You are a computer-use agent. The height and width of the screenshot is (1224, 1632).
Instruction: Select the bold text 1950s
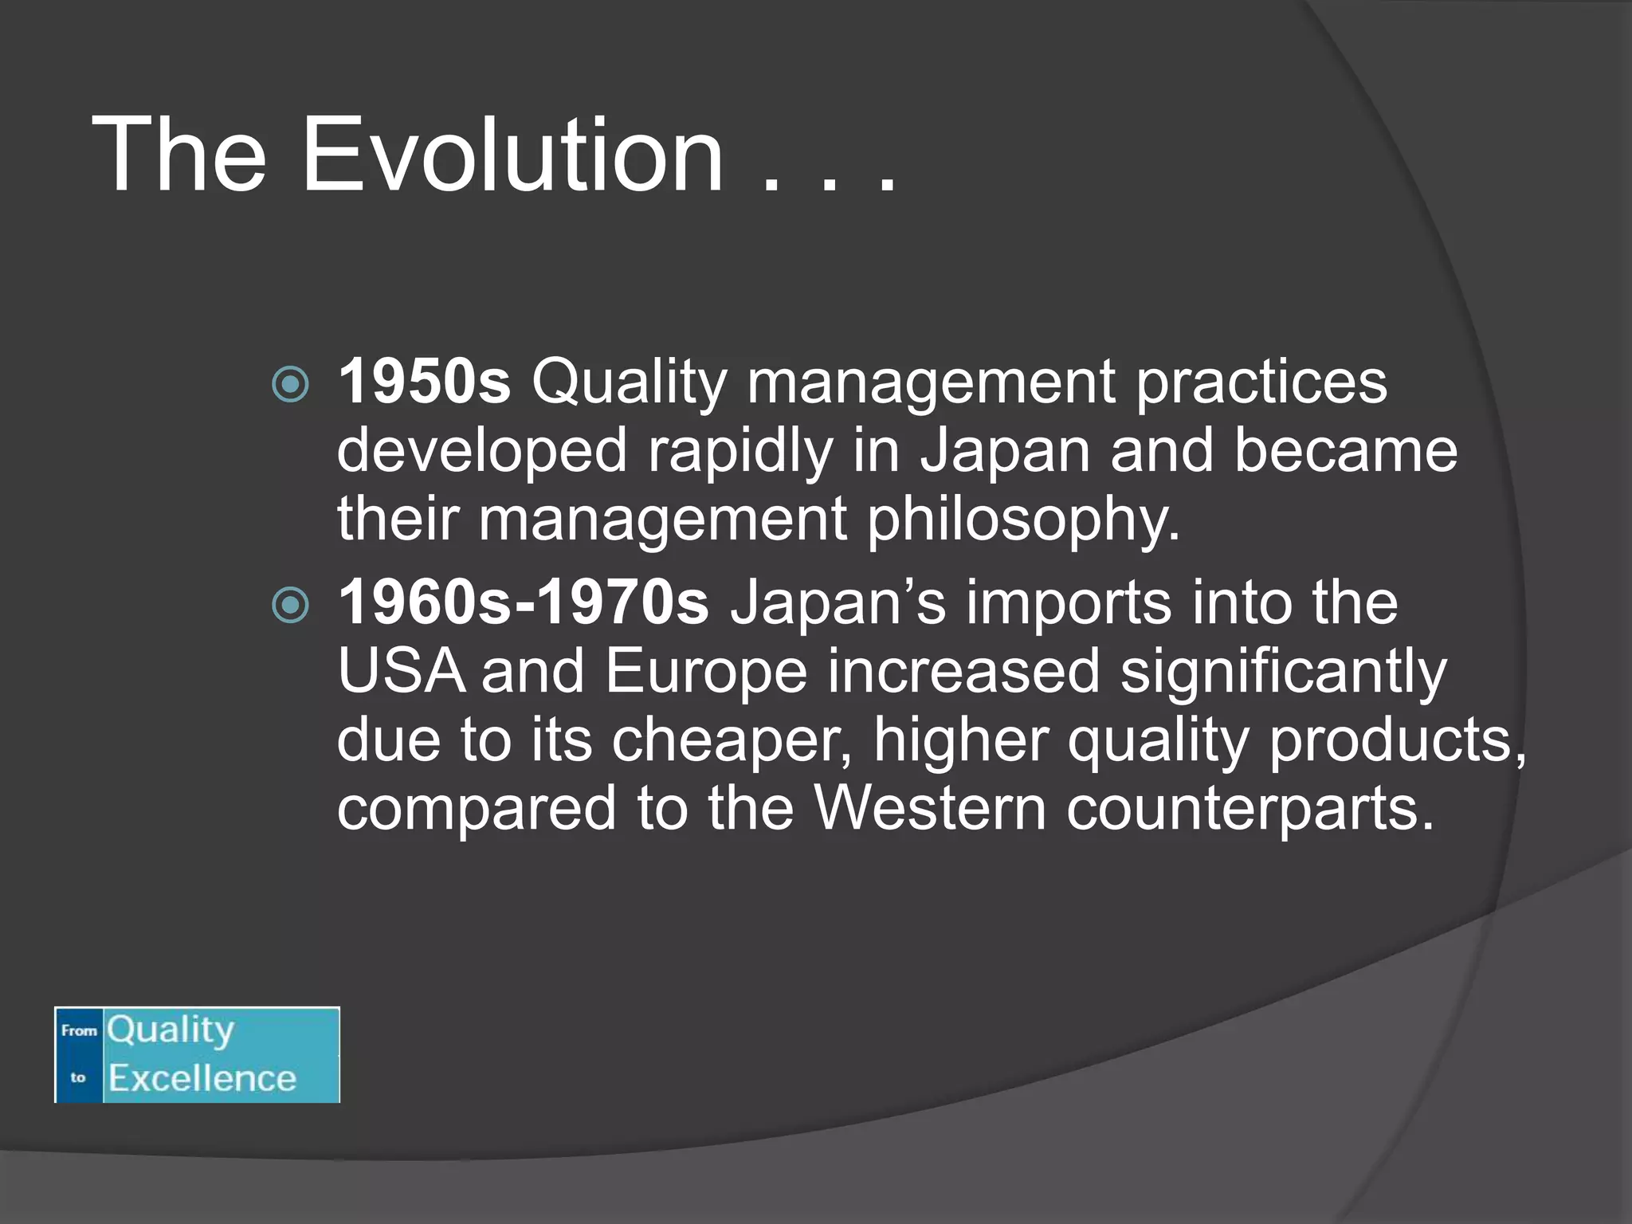[x=424, y=382]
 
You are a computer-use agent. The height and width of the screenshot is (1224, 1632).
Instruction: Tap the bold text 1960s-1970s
[x=524, y=602]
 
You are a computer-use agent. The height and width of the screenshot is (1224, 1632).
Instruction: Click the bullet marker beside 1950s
[x=290, y=385]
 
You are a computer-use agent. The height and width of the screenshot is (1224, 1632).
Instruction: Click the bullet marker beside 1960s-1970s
[x=290, y=605]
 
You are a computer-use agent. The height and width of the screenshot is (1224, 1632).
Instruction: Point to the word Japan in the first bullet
[x=1005, y=451]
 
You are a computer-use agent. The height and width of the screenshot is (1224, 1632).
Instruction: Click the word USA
[x=401, y=671]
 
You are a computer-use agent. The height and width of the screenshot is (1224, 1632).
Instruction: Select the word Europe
[x=706, y=671]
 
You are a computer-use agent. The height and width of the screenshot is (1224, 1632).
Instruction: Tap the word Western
[x=930, y=808]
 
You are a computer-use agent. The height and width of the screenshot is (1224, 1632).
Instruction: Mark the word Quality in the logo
[x=171, y=1030]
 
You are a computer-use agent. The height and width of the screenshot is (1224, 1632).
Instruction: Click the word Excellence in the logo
[x=202, y=1078]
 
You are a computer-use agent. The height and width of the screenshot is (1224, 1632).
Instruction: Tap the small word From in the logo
[x=79, y=1030]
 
